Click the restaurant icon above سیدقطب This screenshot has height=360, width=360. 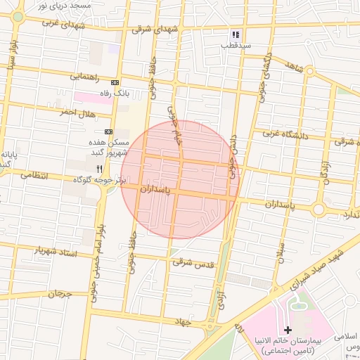click(236, 34)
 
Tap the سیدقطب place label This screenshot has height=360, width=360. click(236, 45)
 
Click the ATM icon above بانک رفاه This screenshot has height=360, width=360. click(115, 82)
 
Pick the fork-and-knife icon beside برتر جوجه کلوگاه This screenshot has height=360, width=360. click(100, 169)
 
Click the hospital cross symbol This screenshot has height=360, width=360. click(288, 330)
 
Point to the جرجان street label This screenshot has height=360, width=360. click(60, 293)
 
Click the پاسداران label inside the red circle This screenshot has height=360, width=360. click(156, 189)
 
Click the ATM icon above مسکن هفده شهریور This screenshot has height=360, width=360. click(109, 131)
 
